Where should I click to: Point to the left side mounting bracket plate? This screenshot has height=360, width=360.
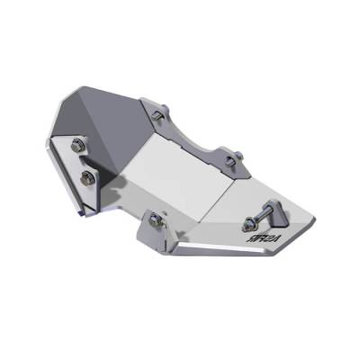click(76, 171)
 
